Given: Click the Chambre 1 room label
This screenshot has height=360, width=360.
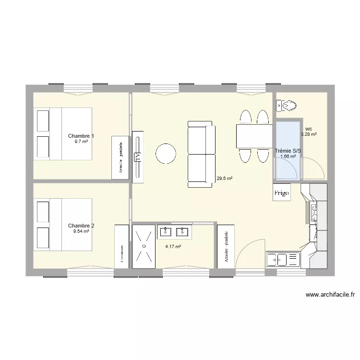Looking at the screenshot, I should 81,136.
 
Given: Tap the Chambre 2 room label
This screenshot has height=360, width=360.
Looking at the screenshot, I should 81,226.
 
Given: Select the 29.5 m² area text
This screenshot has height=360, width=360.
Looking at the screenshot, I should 224,179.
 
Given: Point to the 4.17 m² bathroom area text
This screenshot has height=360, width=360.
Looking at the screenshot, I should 173,247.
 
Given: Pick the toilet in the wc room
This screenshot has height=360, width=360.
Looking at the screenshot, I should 286,105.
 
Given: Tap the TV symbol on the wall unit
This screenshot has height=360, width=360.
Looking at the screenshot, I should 137,157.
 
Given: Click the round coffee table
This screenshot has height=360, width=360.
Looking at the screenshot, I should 166,154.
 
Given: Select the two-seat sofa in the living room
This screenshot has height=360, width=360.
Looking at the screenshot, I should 200,154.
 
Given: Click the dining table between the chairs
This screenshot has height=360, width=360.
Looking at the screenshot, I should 254,136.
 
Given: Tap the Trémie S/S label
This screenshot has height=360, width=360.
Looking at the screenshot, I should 288,151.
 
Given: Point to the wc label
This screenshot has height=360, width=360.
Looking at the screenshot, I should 308,129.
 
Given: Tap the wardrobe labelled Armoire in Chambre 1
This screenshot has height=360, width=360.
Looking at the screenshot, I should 120,158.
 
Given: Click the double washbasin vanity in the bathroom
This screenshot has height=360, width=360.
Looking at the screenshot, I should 174,232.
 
